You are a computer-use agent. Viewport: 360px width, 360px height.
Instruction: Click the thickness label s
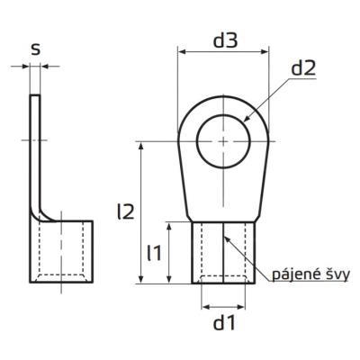(x=35, y=49)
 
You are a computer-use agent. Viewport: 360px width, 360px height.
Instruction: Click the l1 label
(x=154, y=253)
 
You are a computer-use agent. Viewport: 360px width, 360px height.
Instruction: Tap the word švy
(x=331, y=274)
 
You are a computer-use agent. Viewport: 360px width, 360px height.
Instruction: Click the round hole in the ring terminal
(x=223, y=141)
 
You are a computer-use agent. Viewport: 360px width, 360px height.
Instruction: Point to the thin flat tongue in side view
(x=35, y=144)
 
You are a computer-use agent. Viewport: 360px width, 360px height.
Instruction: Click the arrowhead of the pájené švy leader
(x=226, y=236)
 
